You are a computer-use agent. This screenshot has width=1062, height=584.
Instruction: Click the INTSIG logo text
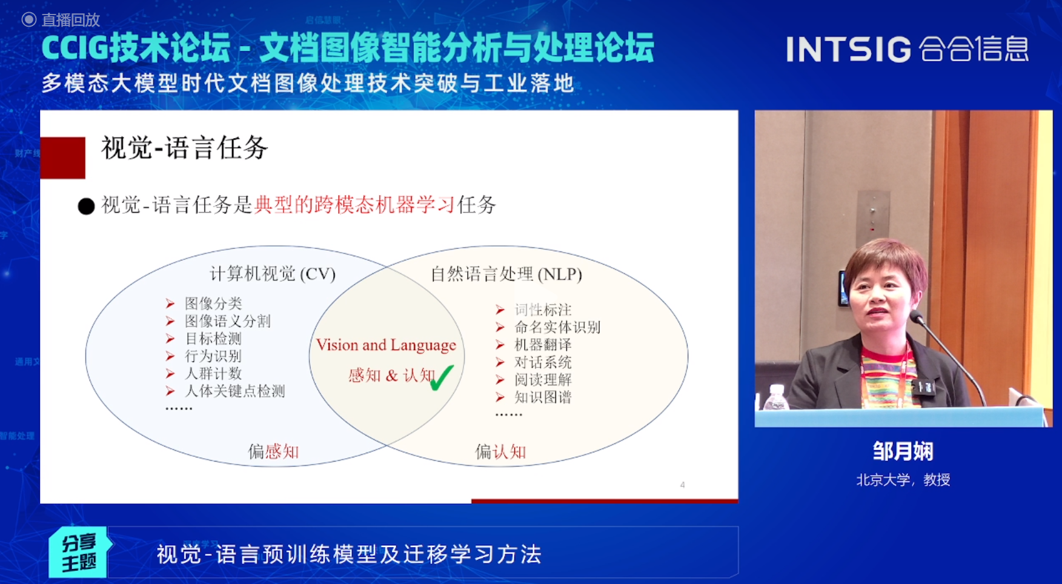click(x=848, y=49)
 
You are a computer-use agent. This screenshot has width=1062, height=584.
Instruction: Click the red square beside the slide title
click(x=63, y=158)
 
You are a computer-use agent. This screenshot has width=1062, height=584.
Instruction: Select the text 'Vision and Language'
click(x=386, y=345)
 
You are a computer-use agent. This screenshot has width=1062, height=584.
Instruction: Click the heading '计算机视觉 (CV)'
click(x=273, y=274)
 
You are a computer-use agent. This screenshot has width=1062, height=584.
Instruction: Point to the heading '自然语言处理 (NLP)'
click(x=506, y=274)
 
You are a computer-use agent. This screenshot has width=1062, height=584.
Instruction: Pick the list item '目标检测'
click(x=213, y=338)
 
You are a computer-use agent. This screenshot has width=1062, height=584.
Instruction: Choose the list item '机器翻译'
click(x=543, y=345)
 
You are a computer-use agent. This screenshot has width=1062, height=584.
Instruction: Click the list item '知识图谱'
click(x=543, y=397)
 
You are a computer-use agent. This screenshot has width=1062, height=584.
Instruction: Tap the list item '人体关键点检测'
click(x=234, y=391)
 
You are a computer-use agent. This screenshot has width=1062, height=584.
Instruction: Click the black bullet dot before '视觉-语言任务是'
click(x=87, y=207)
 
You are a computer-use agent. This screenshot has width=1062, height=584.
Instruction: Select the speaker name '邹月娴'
click(x=903, y=451)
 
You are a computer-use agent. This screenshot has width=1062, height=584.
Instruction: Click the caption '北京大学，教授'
click(x=903, y=480)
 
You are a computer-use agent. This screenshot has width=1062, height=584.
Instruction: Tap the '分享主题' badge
click(x=79, y=553)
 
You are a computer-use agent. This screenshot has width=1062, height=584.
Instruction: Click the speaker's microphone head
click(x=916, y=316)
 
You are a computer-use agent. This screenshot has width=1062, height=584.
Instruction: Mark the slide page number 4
click(x=682, y=485)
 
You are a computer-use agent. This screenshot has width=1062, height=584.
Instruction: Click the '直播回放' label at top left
click(x=70, y=20)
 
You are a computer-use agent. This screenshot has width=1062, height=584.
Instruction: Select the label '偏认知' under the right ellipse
click(x=500, y=451)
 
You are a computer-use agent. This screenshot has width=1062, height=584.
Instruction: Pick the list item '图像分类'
click(x=213, y=303)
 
